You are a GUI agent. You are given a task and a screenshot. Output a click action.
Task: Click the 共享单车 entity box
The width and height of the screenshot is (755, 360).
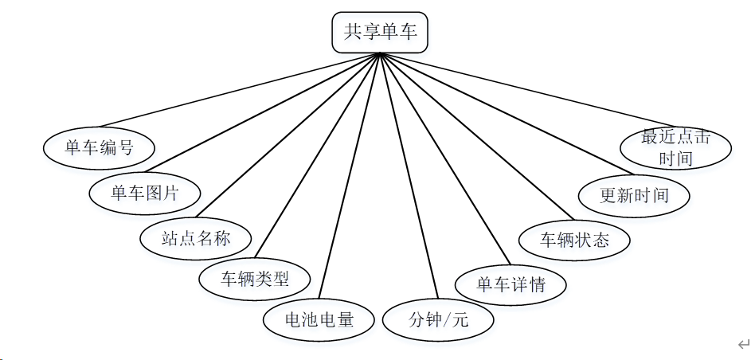coord(380,33)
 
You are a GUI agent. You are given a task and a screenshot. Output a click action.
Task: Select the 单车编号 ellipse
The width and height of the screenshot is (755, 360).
coord(98,148)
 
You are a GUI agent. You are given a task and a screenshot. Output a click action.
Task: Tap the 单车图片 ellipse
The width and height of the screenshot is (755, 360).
coord(144,192)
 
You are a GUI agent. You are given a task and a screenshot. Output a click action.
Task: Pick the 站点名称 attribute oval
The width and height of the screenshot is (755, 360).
coord(195,237)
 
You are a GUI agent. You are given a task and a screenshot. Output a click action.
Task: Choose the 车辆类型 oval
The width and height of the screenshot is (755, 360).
coord(254,279)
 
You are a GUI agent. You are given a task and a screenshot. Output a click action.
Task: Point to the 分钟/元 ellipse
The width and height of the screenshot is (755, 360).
coord(438,320)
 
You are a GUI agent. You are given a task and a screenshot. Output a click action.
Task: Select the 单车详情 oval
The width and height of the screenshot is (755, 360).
coord(511,284)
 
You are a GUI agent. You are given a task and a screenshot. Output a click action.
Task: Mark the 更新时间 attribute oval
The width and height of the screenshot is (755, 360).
coord(634,195)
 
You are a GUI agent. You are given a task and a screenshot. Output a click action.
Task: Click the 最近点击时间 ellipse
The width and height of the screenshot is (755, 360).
coord(675,147)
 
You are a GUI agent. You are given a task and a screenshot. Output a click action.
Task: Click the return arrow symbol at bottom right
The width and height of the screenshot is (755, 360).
coord(744,344)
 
